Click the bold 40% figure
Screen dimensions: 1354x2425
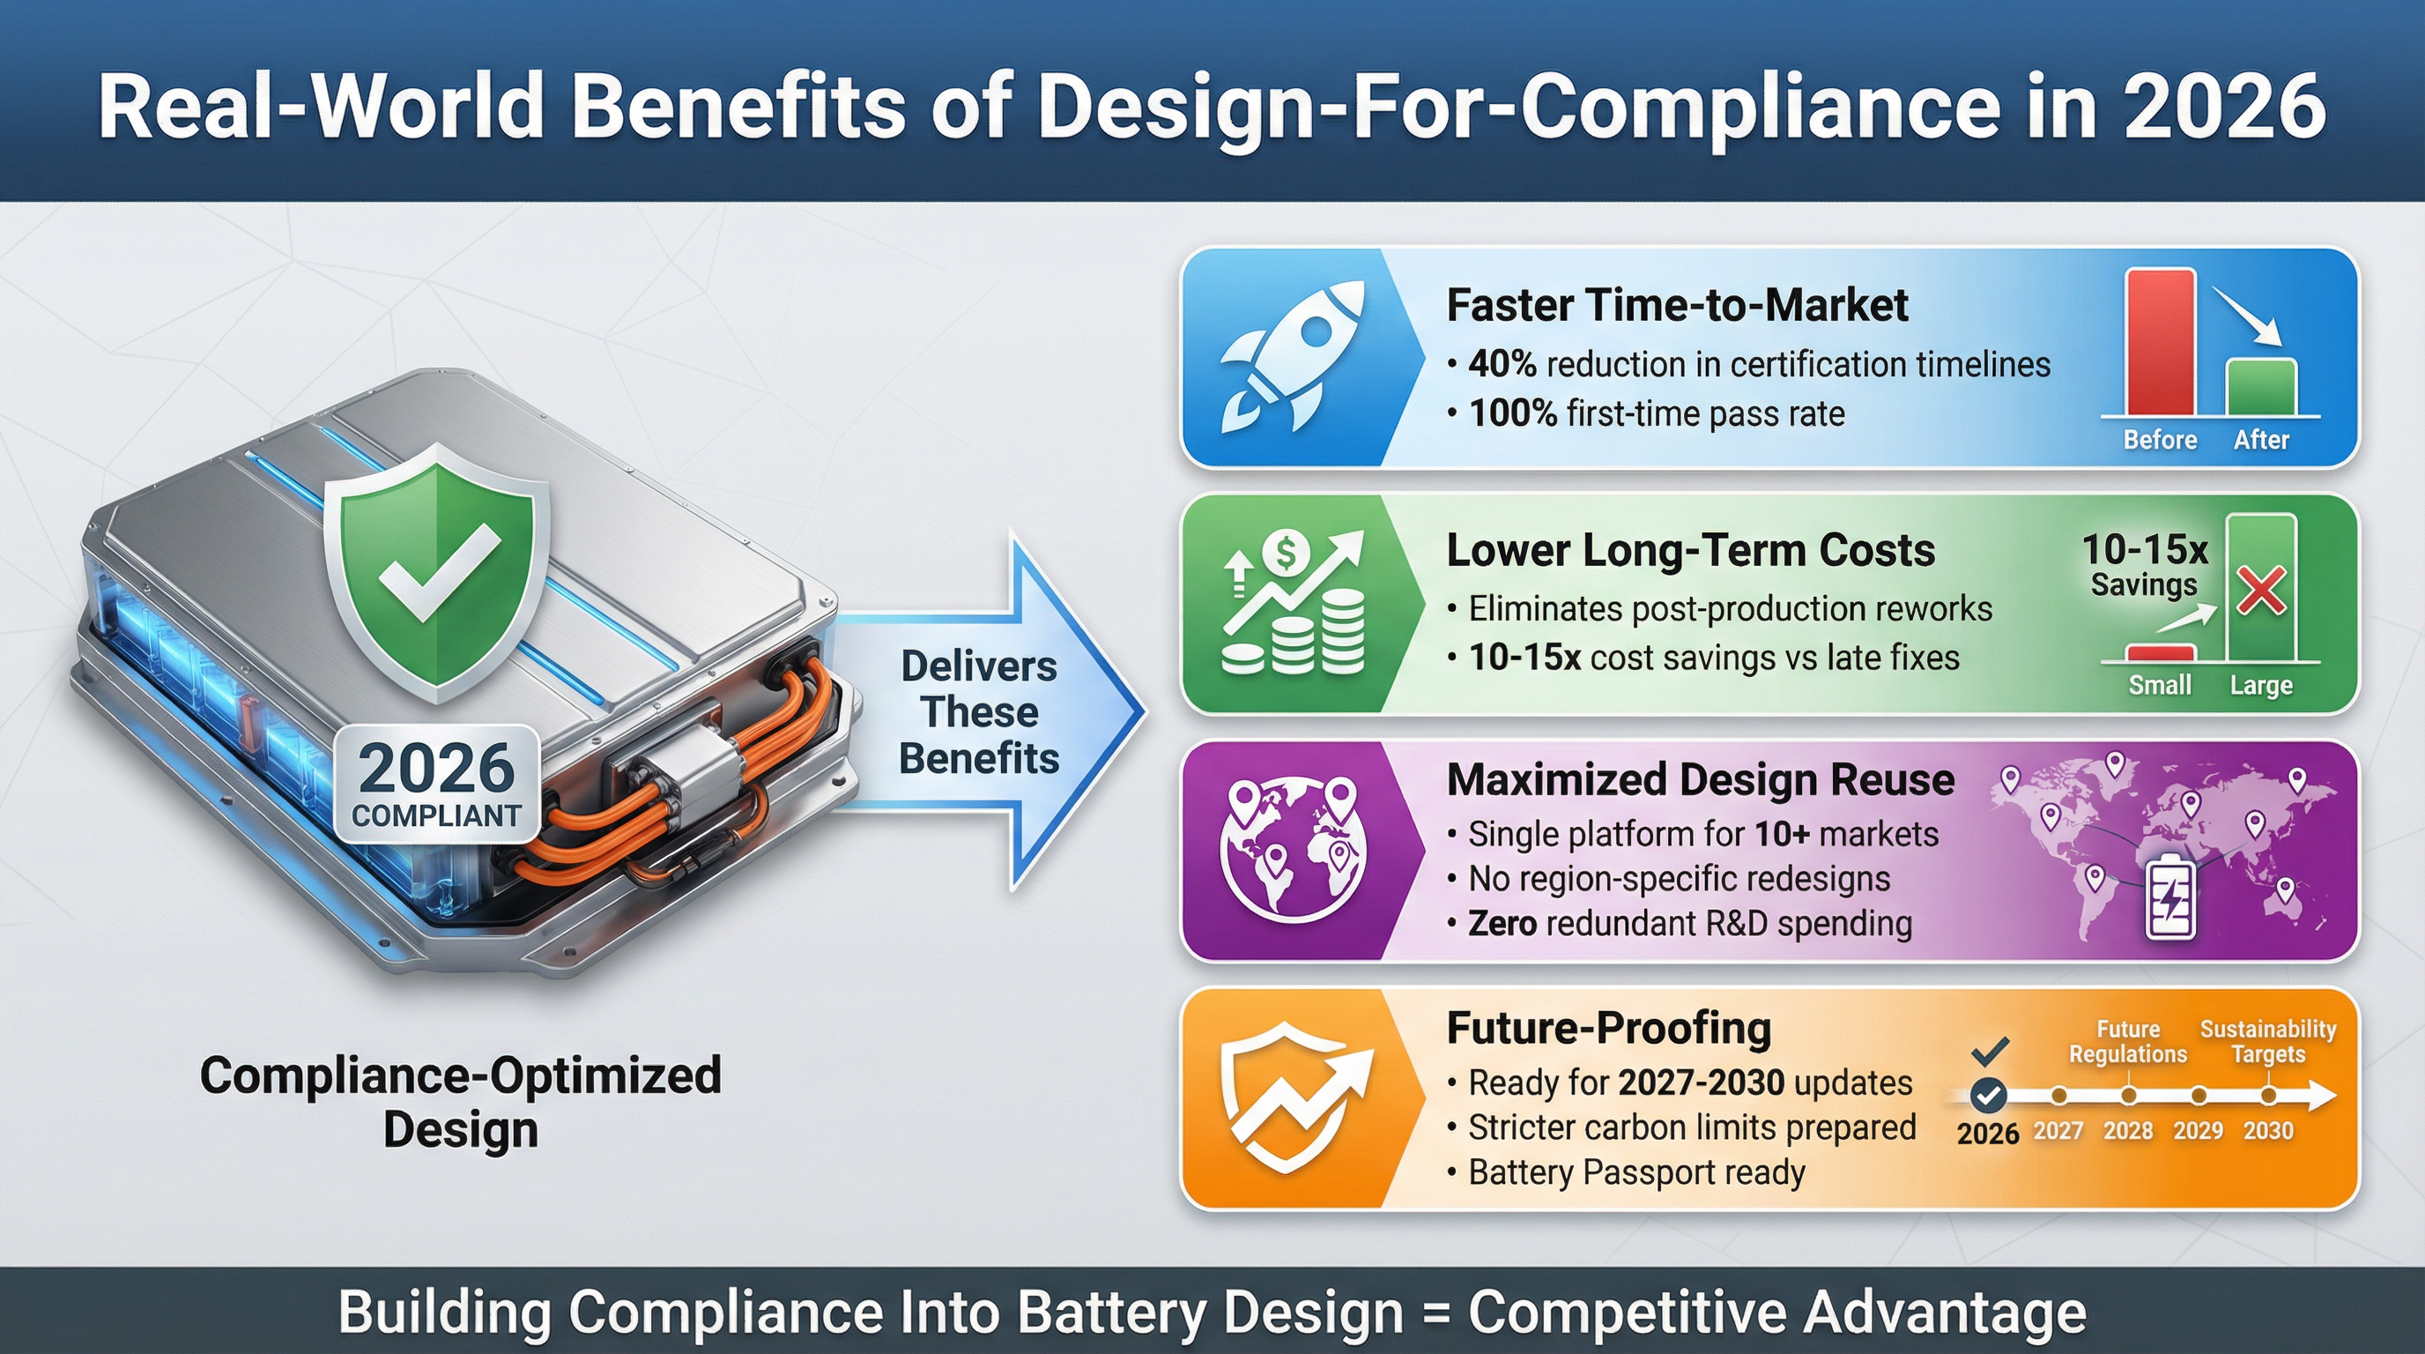pyautogui.click(x=1502, y=364)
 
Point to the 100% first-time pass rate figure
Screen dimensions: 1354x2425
pyautogui.click(x=1513, y=413)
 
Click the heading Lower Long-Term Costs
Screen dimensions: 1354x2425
pyautogui.click(x=1690, y=551)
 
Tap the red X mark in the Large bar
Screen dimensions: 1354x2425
pyautogui.click(x=2261, y=591)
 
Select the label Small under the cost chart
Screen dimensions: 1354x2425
pyautogui.click(x=2160, y=685)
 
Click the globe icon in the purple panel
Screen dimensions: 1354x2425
pyautogui.click(x=1294, y=848)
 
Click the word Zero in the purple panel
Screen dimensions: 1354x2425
pyautogui.click(x=1502, y=923)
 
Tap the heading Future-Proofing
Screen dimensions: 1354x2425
pyautogui.click(x=1608, y=1027)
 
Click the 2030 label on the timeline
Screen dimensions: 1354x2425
pyautogui.click(x=2268, y=1130)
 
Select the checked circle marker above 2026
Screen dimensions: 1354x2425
pyautogui.click(x=1988, y=1095)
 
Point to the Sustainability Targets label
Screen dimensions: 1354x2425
pyautogui.click(x=2268, y=1041)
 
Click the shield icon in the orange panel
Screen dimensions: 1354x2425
pyautogui.click(x=1294, y=1097)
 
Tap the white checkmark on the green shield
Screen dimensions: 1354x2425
pyautogui.click(x=438, y=569)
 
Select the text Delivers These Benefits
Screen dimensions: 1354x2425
pyautogui.click(x=979, y=712)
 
